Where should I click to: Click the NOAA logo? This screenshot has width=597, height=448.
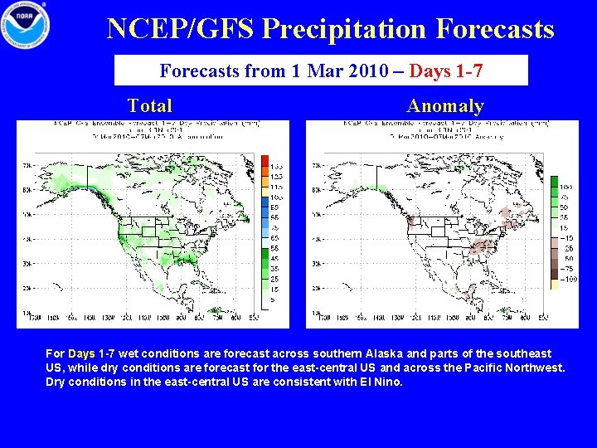coord(25,25)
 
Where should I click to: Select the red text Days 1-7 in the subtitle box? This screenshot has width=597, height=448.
coord(446,71)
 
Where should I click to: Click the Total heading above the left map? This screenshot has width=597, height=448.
coord(150,105)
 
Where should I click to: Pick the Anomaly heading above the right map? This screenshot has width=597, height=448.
coord(444,105)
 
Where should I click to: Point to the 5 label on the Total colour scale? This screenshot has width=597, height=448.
coord(274,299)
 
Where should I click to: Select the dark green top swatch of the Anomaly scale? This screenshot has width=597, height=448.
coord(553,181)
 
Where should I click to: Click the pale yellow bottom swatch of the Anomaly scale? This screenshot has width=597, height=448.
coord(553,283)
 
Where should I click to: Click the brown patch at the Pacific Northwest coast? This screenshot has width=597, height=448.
coord(410,222)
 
